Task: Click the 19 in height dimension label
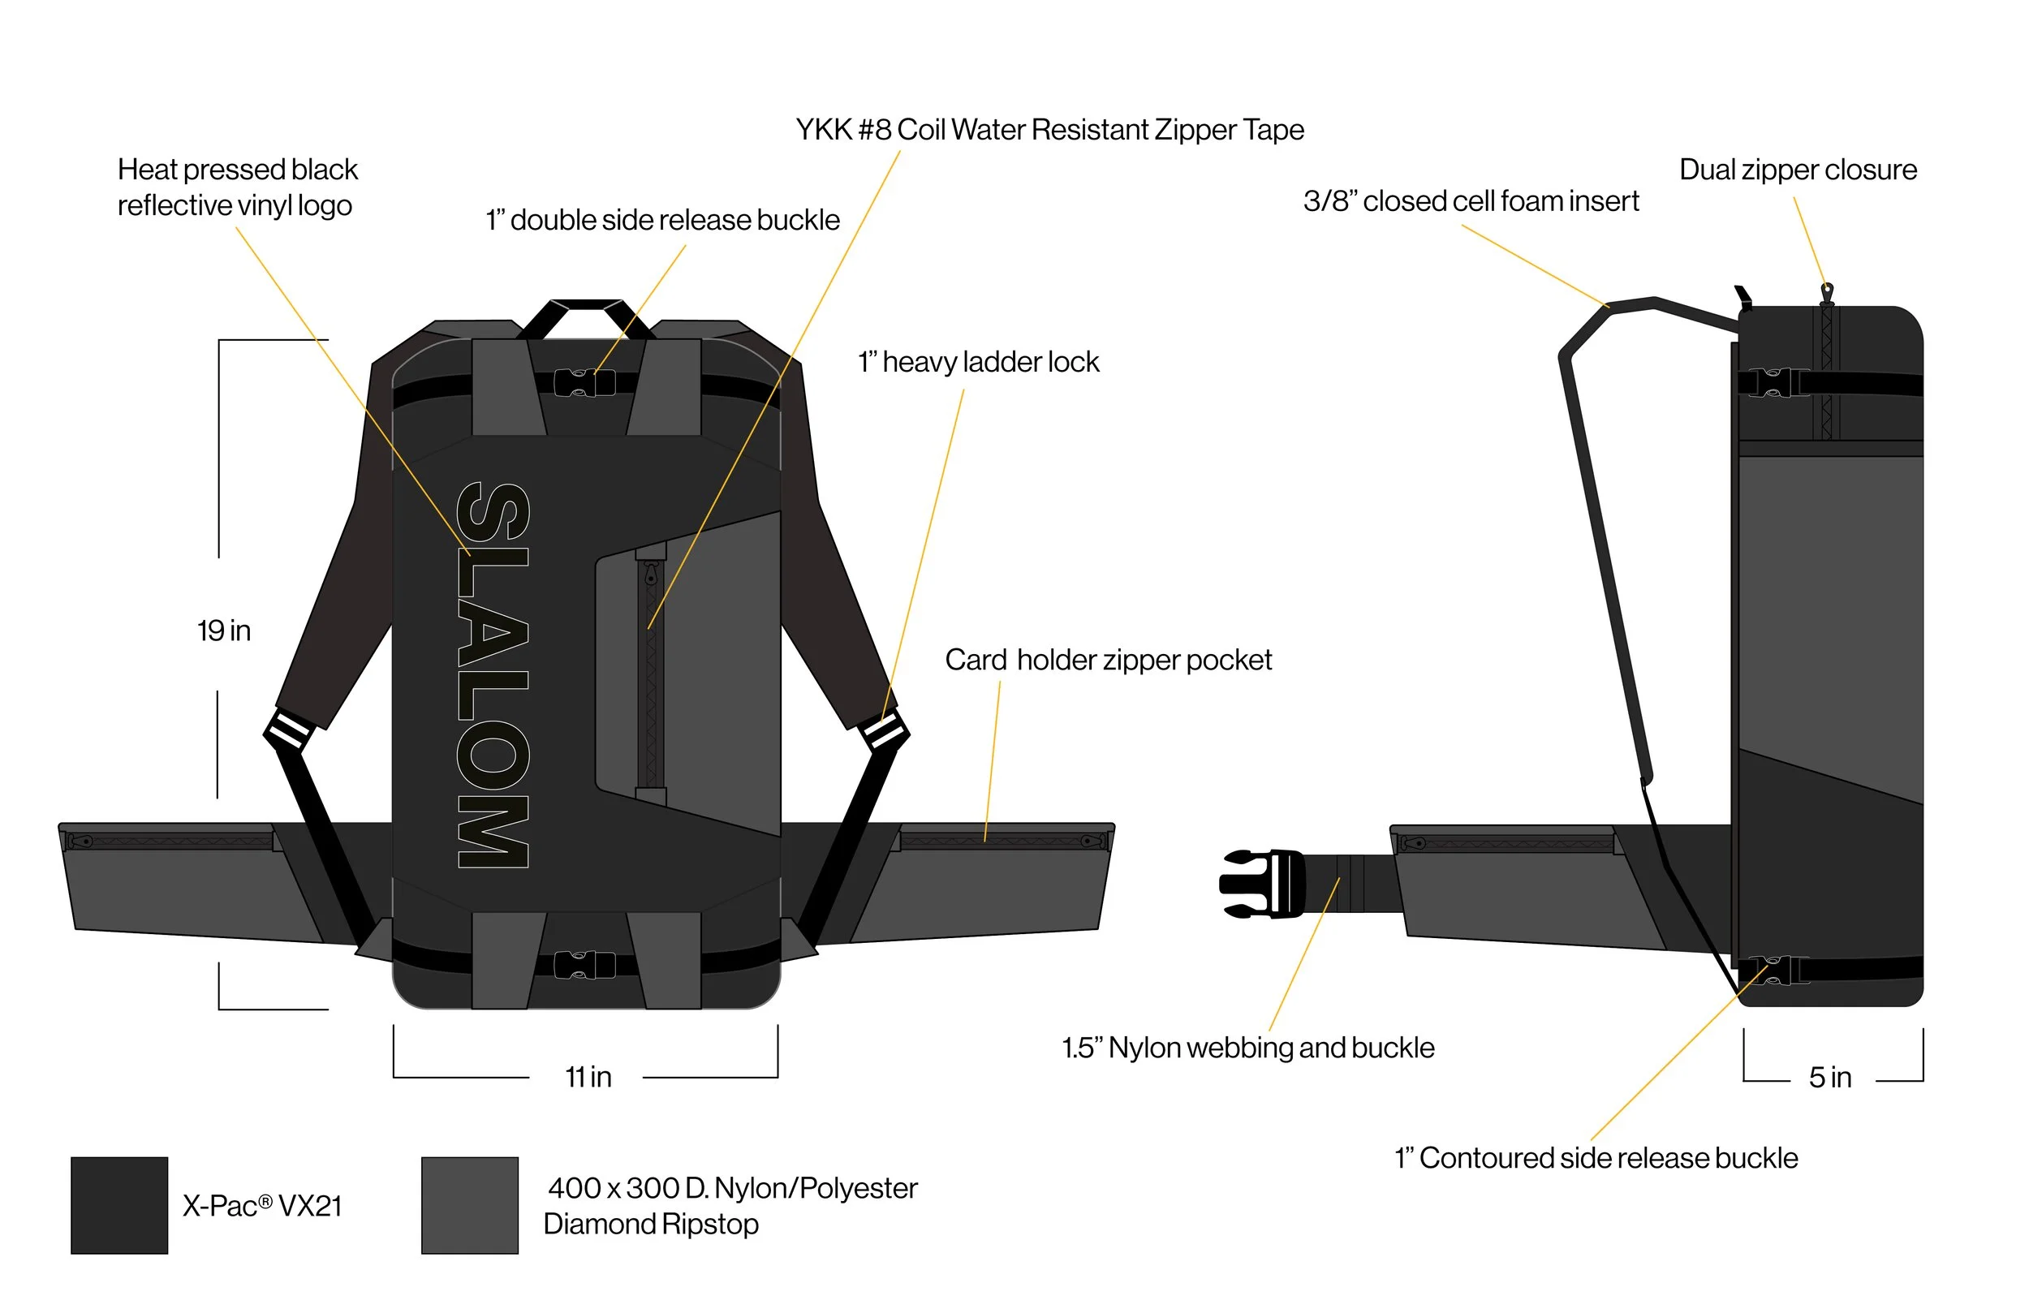(x=224, y=631)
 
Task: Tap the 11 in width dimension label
(x=588, y=1077)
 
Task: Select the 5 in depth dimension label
(x=1830, y=1077)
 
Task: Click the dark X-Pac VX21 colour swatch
(x=119, y=1205)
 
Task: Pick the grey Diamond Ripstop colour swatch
(x=470, y=1205)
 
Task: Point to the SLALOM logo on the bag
(x=493, y=674)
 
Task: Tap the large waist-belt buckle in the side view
(x=1262, y=885)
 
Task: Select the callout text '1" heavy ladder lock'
(x=979, y=363)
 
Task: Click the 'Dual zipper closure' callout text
(x=1798, y=170)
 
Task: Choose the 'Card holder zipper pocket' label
(x=1109, y=660)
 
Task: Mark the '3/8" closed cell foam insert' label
(x=1471, y=201)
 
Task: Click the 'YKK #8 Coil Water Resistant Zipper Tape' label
(x=1049, y=130)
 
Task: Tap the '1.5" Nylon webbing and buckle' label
(x=1248, y=1047)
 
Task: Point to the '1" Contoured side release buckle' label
(x=1596, y=1158)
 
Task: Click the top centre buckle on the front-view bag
(x=585, y=383)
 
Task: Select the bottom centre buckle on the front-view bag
(x=585, y=965)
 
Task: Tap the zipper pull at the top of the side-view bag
(x=1826, y=294)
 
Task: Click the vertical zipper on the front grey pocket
(x=652, y=674)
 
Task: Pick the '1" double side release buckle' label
(x=662, y=220)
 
